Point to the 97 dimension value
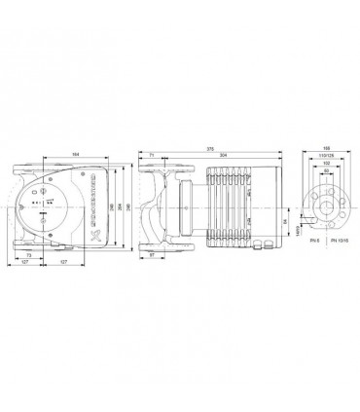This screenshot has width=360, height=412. pyautogui.click(x=154, y=254)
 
